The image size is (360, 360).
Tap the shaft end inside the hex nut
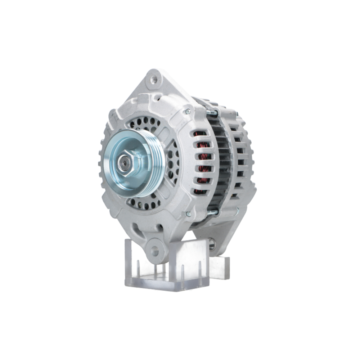point(124,163)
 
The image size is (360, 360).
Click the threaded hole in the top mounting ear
point(154,80)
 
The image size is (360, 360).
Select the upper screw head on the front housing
point(187,112)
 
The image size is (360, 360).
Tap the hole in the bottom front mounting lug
point(155,251)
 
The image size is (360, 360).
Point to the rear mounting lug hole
point(212,245)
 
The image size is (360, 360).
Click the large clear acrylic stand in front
point(166,266)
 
